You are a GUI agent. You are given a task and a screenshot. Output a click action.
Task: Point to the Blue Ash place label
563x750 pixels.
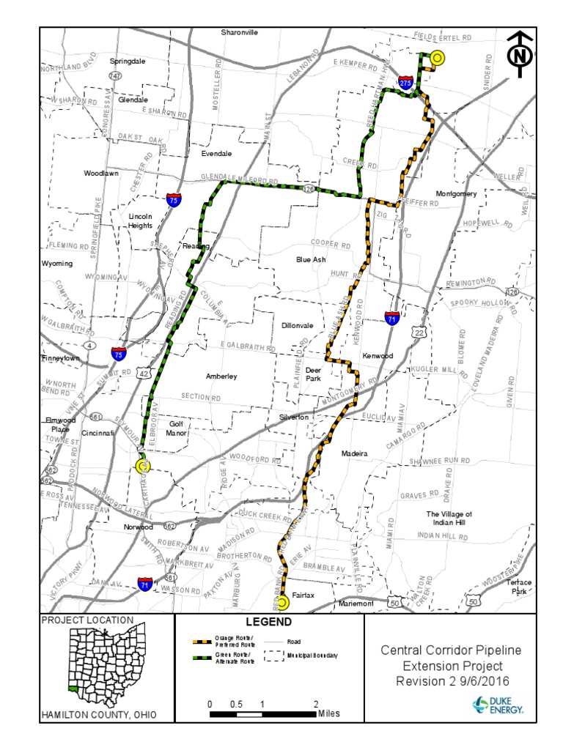click(x=311, y=259)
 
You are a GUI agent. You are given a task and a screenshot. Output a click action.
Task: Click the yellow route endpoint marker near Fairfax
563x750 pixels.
click(x=282, y=603)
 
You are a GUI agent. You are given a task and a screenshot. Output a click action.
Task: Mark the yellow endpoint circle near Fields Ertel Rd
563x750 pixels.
click(x=437, y=58)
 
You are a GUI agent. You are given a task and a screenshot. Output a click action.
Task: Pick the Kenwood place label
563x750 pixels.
click(x=378, y=355)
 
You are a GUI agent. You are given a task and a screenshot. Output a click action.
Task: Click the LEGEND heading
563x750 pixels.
click(x=268, y=623)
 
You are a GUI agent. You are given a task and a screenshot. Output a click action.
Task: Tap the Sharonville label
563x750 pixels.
click(x=240, y=32)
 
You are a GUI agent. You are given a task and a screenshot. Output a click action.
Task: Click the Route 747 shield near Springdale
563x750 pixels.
click(x=115, y=75)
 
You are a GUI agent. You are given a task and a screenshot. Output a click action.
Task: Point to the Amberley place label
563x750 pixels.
click(x=221, y=376)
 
